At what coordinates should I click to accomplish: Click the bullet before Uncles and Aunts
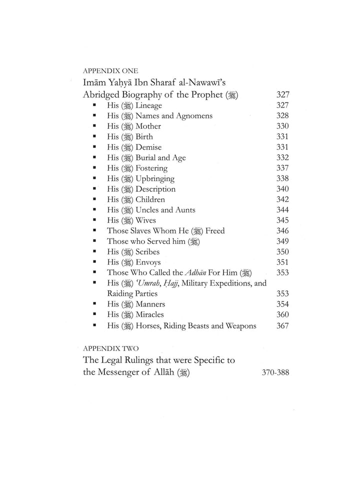pyautogui.click(x=94, y=210)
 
